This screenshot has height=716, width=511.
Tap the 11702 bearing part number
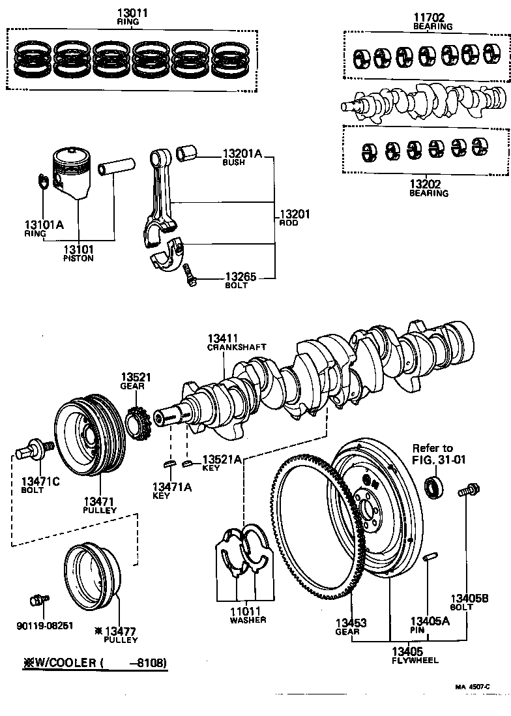tap(432, 18)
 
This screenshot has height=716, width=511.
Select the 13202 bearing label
tap(428, 185)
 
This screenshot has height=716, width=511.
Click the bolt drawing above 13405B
tap(468, 491)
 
